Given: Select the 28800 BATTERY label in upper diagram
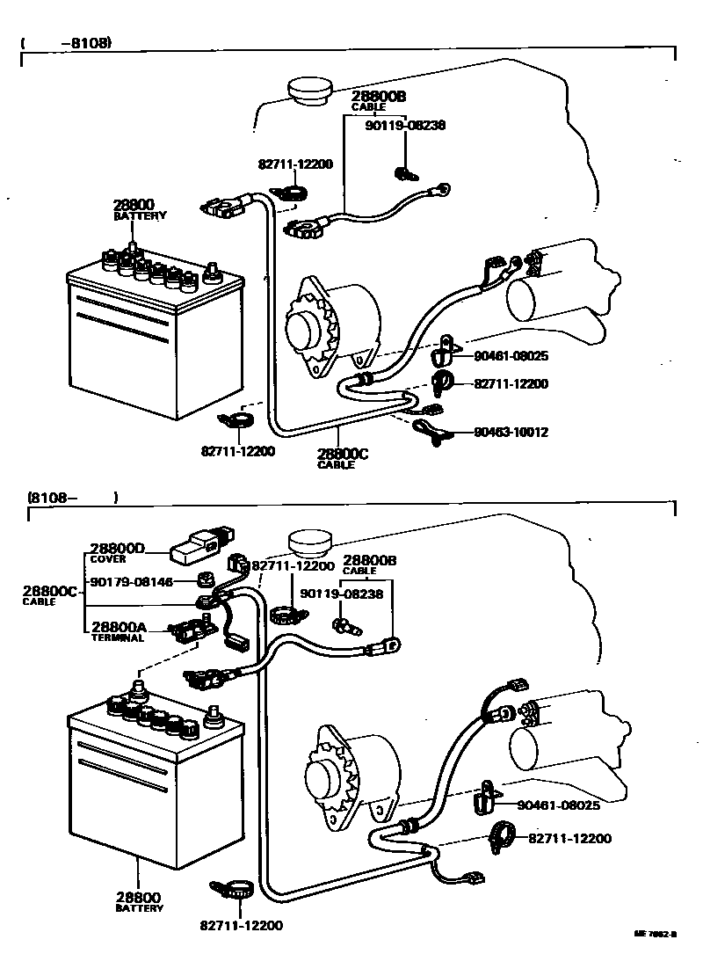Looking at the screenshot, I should click(x=140, y=208).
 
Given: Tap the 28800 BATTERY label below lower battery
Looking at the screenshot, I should click(x=139, y=901).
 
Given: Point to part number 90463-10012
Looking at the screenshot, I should click(x=511, y=432).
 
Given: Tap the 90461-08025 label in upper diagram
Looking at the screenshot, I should click(x=511, y=356).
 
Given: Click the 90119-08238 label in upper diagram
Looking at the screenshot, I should click(x=405, y=125).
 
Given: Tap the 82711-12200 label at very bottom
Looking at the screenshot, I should click(x=242, y=925).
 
